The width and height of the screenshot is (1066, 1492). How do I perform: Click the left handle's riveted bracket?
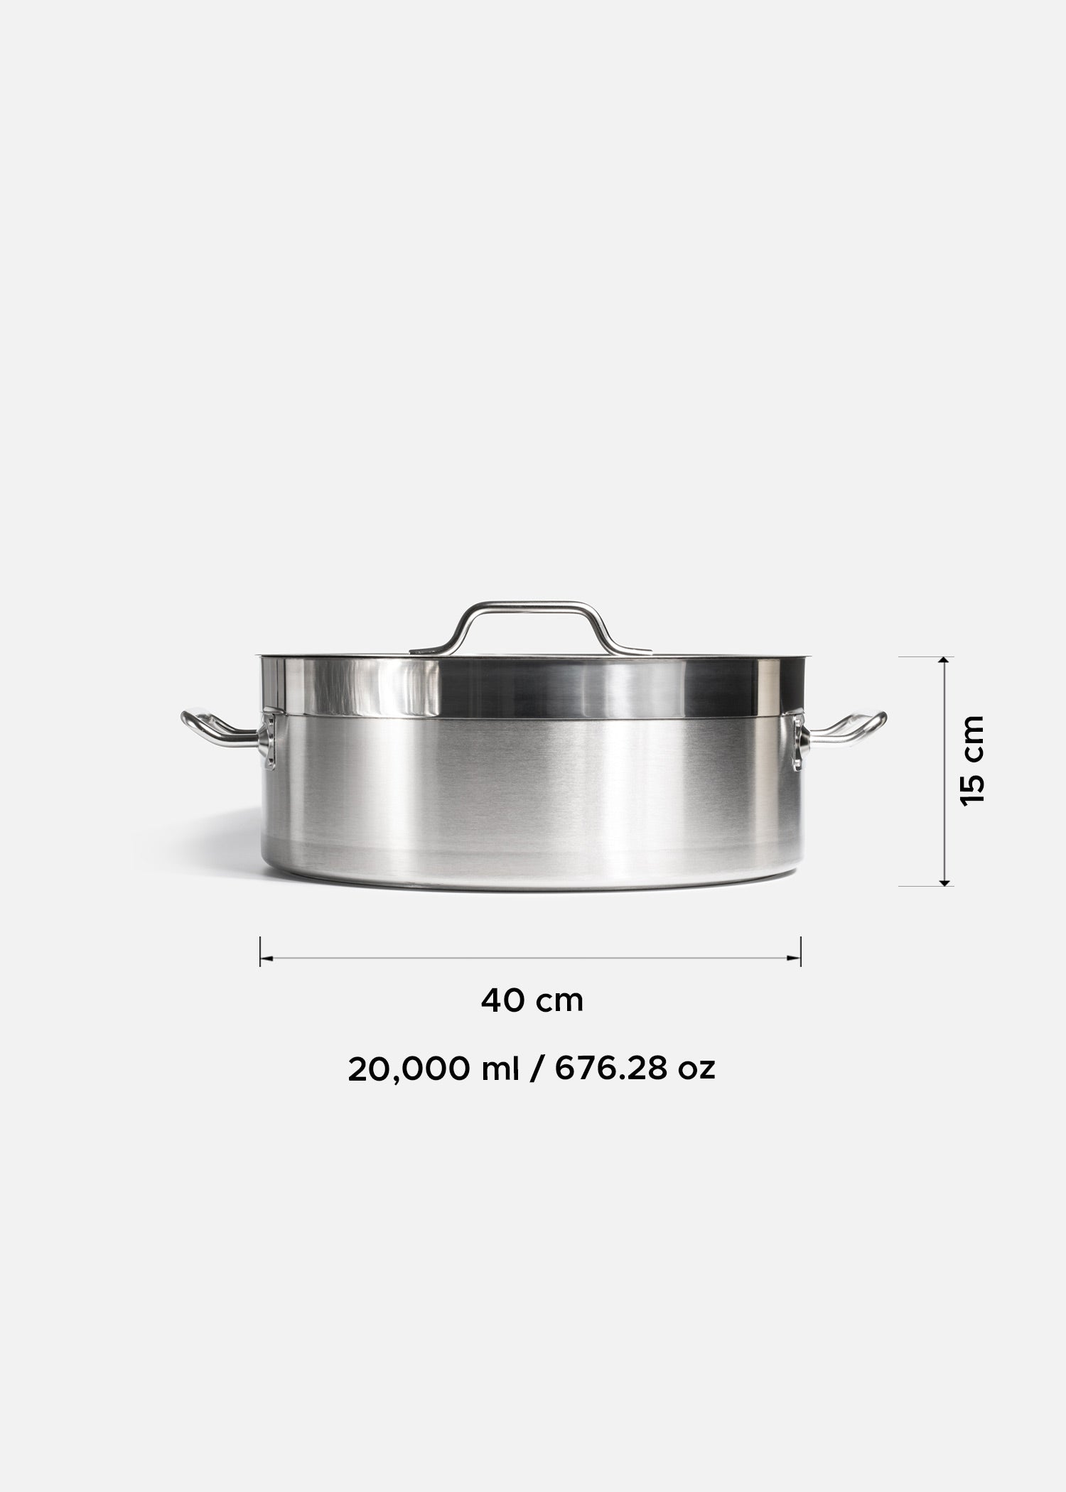(x=268, y=742)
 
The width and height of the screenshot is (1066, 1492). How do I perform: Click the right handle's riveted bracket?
(x=798, y=742)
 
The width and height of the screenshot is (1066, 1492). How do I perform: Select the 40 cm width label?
(x=532, y=1000)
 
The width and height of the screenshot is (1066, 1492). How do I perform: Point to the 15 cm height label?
(x=971, y=761)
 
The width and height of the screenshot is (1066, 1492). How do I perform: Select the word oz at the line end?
(x=696, y=1091)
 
